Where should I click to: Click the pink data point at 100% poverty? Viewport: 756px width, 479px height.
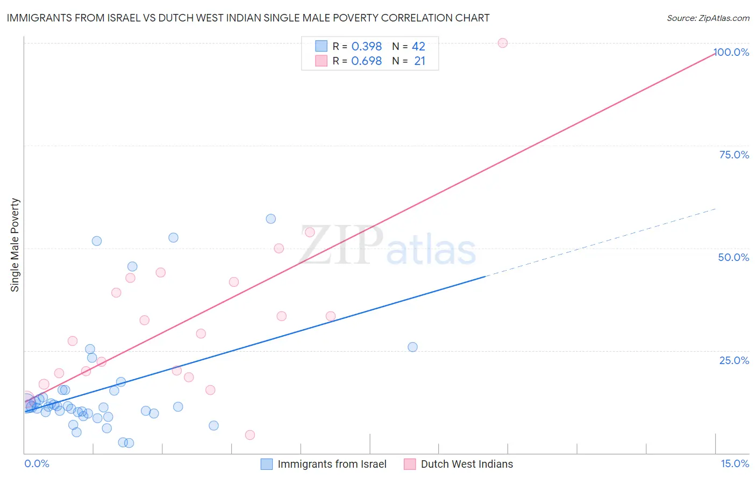(x=503, y=43)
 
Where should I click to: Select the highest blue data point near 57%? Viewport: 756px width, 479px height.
(x=271, y=219)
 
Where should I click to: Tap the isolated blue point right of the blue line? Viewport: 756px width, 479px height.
(x=412, y=347)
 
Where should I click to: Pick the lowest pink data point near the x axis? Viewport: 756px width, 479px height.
(x=250, y=435)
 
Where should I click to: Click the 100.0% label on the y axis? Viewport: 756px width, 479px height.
(x=731, y=52)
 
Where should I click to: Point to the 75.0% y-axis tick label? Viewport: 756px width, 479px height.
(x=734, y=155)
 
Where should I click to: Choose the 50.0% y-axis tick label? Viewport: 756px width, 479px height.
(x=733, y=257)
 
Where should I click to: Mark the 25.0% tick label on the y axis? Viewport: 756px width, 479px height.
(x=734, y=360)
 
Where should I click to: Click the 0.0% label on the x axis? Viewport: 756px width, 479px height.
(x=37, y=463)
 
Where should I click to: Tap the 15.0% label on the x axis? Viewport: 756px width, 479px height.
(x=734, y=463)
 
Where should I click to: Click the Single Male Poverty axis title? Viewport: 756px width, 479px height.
(x=15, y=245)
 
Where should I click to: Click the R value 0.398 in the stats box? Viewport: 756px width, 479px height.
(x=366, y=47)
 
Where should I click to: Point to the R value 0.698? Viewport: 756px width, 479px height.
(x=366, y=61)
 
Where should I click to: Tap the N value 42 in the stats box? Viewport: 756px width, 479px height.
(x=418, y=47)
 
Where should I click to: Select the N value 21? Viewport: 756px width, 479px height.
(x=419, y=61)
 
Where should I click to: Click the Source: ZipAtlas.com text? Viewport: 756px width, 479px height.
(x=708, y=18)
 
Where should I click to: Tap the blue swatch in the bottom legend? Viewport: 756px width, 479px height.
(x=267, y=464)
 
